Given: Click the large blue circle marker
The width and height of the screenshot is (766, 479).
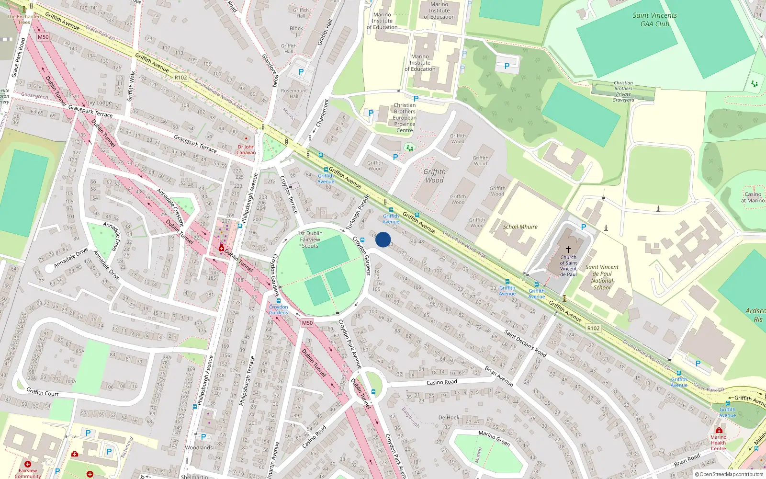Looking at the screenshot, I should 383,239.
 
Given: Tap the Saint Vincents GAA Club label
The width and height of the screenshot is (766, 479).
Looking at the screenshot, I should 654,20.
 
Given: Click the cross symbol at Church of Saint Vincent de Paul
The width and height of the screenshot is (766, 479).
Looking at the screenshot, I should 568,250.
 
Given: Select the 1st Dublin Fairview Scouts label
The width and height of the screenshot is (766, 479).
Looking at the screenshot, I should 310,239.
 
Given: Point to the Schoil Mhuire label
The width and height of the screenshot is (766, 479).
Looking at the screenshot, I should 520,227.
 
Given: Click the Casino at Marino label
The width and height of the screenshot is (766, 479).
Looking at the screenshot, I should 753,197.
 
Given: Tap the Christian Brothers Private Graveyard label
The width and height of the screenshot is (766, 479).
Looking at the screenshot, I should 623,91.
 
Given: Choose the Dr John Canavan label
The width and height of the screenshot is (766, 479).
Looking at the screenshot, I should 246,150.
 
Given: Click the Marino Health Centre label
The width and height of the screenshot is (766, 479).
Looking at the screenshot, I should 718,443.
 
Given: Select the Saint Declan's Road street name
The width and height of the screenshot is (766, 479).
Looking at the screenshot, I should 525,343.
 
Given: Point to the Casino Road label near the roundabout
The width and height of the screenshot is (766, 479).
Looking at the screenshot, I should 441,382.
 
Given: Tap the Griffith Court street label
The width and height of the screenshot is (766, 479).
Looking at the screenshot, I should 42,393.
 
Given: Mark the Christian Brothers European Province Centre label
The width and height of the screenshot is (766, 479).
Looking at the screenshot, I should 405,118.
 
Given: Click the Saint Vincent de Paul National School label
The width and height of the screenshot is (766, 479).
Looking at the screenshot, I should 602,277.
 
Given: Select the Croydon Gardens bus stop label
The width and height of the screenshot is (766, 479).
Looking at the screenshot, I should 278,309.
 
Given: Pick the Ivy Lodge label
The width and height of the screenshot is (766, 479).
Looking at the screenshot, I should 100,103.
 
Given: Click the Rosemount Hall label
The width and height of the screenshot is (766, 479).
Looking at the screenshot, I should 294,93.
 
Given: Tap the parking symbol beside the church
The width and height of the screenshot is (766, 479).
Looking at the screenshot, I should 583,227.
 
